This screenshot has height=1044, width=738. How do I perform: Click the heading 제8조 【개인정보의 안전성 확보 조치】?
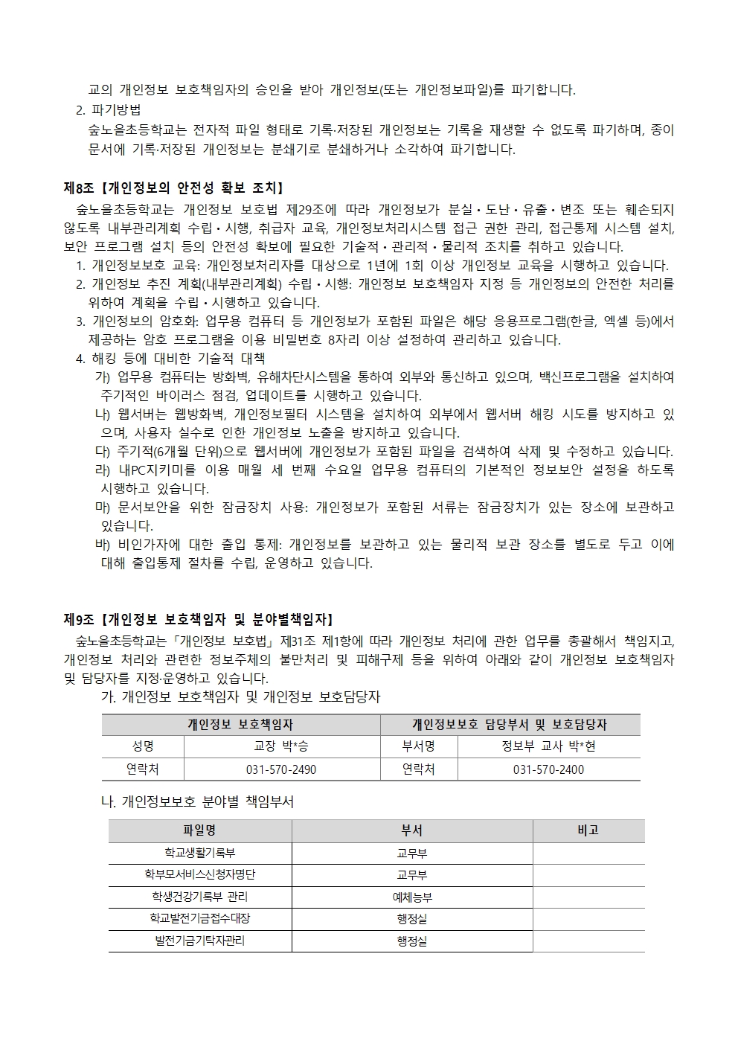(x=173, y=188)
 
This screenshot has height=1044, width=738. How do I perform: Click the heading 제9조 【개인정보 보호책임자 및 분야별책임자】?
(x=198, y=619)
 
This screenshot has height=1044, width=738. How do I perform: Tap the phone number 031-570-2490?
(x=281, y=769)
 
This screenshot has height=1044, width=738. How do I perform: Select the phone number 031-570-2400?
(x=548, y=769)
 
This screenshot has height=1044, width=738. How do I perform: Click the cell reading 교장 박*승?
(x=281, y=746)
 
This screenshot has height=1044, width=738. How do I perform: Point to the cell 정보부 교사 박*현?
(x=548, y=746)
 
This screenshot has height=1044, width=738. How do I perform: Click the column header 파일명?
(x=199, y=830)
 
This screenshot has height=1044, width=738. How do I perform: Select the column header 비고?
(x=588, y=830)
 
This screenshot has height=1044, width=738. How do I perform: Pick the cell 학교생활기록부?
(x=199, y=854)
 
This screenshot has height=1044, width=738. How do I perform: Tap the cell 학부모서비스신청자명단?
(x=199, y=875)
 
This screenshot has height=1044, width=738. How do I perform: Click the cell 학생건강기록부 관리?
(x=199, y=897)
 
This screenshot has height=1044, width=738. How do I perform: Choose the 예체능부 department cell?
(x=411, y=897)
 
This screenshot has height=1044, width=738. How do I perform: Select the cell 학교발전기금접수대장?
(x=199, y=919)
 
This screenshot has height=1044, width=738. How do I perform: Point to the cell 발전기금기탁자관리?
(x=199, y=941)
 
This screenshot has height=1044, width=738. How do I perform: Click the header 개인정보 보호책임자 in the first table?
(x=240, y=724)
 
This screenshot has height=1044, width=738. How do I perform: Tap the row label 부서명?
(x=418, y=746)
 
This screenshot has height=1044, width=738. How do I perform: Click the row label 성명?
(x=143, y=746)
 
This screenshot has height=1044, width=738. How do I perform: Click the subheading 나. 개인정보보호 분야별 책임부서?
(x=197, y=802)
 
